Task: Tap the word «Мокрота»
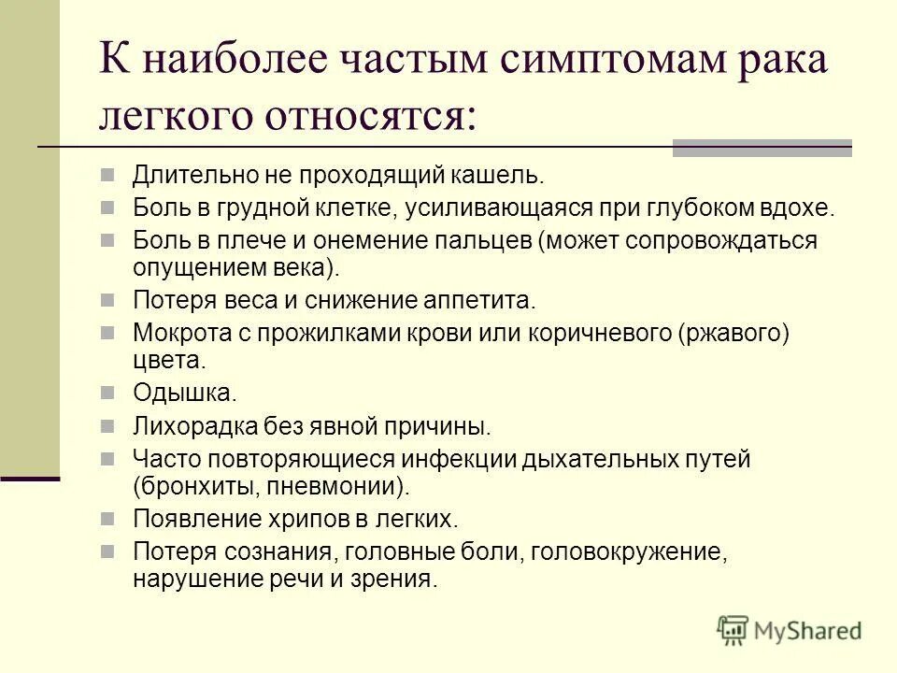tap(179, 333)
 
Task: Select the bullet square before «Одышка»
tap(109, 393)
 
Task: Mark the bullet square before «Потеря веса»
tap(109, 301)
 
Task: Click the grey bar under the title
tap(762, 147)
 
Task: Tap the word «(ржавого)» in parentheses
tap(734, 333)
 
